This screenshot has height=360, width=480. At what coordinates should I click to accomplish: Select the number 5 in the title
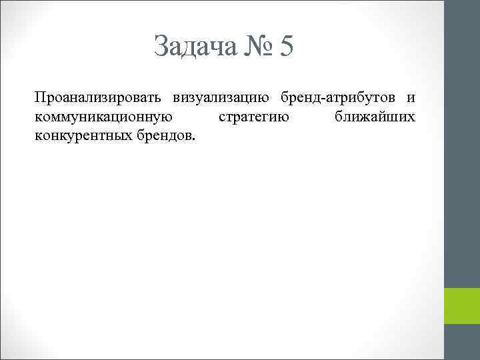point(287,46)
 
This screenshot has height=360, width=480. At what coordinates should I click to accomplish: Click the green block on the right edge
point(462,306)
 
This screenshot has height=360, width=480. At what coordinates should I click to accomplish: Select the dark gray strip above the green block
point(462,143)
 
